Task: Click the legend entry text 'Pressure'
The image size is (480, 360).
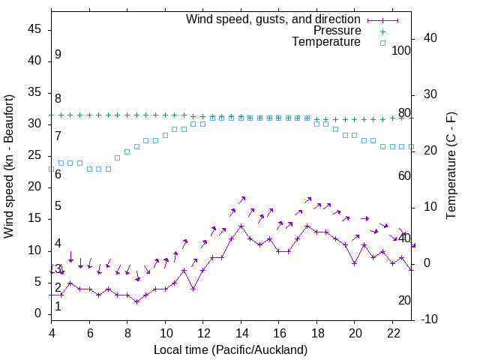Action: pos(337,31)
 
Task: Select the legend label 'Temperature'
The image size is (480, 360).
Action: pos(326,42)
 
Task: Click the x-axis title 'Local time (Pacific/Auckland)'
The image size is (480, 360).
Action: pos(230,349)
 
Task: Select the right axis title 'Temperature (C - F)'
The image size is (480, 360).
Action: pos(451,166)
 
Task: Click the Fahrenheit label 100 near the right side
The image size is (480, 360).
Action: pos(402,50)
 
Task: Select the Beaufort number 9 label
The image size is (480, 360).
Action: pos(58,55)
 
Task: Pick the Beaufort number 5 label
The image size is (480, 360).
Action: pos(58,206)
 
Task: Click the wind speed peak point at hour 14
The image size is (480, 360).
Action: pos(241,226)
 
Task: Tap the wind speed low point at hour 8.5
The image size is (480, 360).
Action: pos(136,301)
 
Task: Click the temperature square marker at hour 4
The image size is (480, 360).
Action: pos(52,169)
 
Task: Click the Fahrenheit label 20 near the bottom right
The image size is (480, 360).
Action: pos(404,300)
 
